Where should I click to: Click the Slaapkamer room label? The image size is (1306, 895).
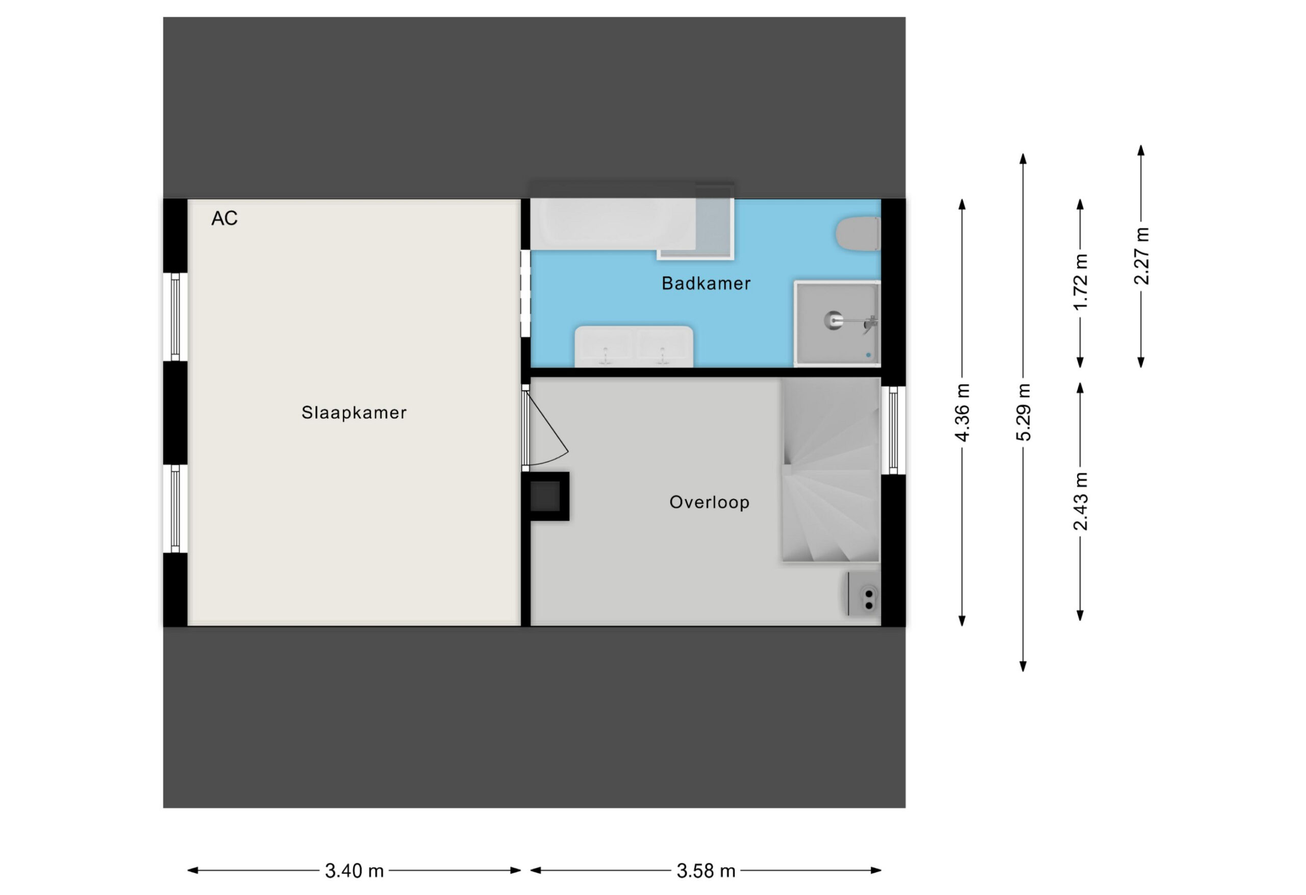[x=354, y=413]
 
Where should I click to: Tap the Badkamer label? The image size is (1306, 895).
[x=706, y=283]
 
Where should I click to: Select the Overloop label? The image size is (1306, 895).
[x=709, y=502]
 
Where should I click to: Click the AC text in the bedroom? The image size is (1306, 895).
[x=224, y=218]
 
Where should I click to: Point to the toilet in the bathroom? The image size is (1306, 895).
[x=858, y=234]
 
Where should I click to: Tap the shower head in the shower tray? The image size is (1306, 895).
[x=834, y=320]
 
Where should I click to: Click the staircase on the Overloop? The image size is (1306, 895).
[x=831, y=470]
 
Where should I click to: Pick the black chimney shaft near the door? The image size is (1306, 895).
[x=545, y=496]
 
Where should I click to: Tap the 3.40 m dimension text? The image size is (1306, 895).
[x=354, y=871]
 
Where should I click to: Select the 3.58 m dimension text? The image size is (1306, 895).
[x=706, y=871]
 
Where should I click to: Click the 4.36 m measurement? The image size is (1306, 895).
[x=962, y=413]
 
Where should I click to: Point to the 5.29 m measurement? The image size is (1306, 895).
[x=1023, y=413]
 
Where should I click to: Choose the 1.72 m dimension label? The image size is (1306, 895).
[x=1080, y=282]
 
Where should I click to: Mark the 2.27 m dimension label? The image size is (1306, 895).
[x=1141, y=256]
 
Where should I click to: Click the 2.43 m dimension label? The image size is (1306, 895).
[x=1080, y=501]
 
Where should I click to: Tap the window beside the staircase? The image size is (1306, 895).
[x=893, y=430]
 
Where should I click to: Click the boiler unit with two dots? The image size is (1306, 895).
[x=864, y=593]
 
